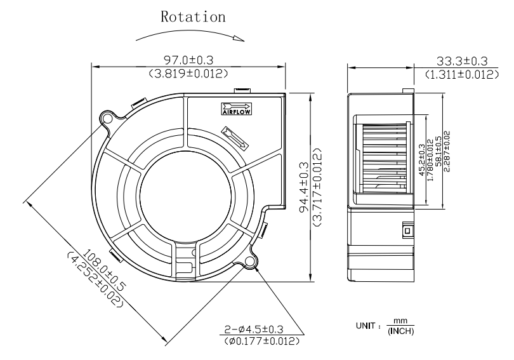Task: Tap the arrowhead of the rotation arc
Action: (239, 39)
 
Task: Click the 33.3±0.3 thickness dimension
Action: (461, 60)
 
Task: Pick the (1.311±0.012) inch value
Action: (461, 74)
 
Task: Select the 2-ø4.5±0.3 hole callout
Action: (263, 330)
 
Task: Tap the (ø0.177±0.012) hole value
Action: (263, 342)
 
